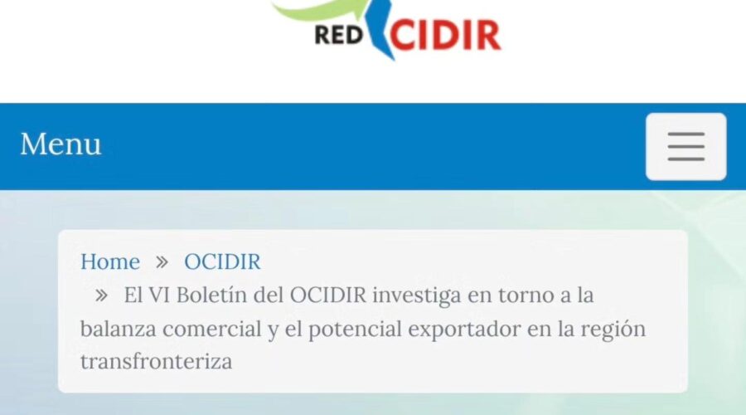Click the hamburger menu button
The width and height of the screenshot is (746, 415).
(685, 147)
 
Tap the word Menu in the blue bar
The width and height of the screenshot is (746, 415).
(61, 144)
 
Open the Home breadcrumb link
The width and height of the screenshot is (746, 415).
(110, 261)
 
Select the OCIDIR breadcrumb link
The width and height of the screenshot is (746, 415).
(222, 261)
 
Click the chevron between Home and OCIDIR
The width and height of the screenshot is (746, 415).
(162, 262)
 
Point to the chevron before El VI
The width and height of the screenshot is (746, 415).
(101, 295)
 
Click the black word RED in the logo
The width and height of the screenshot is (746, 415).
(339, 35)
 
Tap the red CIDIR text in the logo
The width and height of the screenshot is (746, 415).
(445, 35)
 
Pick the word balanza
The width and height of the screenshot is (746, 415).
(118, 329)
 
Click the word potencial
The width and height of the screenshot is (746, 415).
(355, 330)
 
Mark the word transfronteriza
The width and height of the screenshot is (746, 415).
(156, 361)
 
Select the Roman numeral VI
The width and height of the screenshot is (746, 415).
(159, 295)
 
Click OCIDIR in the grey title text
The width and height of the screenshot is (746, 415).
(327, 295)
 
